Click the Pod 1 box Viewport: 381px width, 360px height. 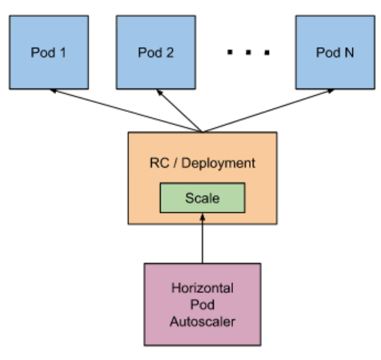pos(49,52)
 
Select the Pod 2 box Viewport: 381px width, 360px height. pos(156,52)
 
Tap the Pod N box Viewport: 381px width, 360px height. pos(335,52)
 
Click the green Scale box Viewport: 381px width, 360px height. pos(203,198)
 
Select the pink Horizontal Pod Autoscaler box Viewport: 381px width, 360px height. pos(203,304)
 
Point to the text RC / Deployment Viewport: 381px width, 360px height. pos(203,163)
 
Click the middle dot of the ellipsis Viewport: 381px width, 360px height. pos(248,52)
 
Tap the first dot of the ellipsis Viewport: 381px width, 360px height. pos(230,52)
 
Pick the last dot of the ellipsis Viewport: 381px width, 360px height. pos(267,52)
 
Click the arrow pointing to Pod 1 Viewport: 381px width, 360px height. pos(126,110)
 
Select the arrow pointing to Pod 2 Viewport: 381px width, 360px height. pos(179,110)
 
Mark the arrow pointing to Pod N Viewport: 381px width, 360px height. pos(268,110)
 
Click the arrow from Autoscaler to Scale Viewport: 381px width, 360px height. pos(203,238)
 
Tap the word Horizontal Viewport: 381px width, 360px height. pos(203,288)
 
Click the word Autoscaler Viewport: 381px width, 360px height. pos(203,322)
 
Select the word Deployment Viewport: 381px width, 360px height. pos(218,163)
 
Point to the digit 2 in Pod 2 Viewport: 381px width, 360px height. pos(169,52)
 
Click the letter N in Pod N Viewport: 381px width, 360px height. pos(349,52)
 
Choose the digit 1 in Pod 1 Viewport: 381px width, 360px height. pos(63,52)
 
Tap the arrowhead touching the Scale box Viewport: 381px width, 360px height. pos(203,216)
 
